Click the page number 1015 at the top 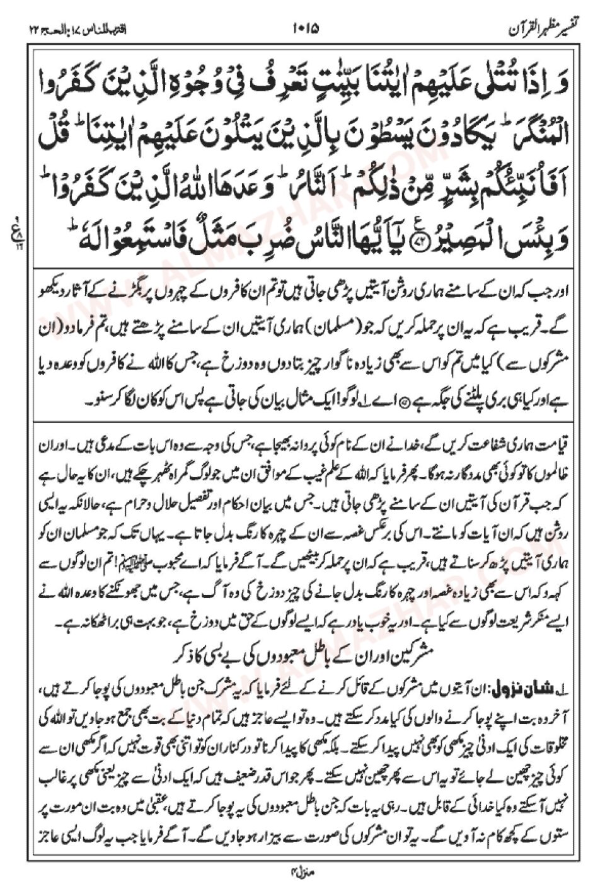(x=306, y=28)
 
